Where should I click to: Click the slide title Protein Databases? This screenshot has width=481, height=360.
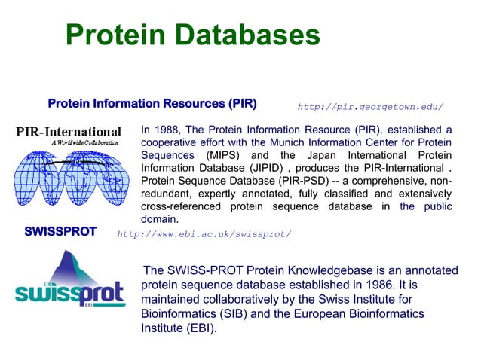(192, 35)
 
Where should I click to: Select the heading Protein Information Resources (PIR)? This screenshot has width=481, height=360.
(152, 103)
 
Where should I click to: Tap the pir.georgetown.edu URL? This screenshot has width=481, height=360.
(370, 107)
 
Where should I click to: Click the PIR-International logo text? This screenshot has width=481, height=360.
(69, 133)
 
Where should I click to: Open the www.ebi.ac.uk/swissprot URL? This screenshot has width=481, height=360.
(204, 233)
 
